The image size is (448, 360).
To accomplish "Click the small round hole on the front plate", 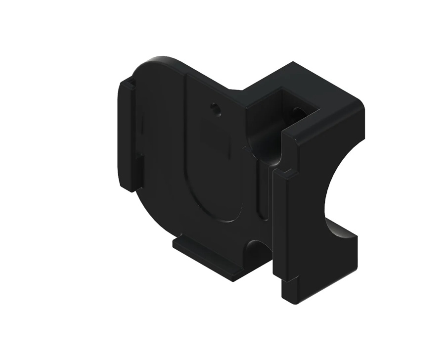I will click(x=215, y=107).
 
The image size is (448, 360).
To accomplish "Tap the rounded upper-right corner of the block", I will click(x=358, y=104).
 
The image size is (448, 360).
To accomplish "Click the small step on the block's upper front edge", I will click(x=286, y=173).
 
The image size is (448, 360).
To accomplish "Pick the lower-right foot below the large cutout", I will click(x=341, y=257).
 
